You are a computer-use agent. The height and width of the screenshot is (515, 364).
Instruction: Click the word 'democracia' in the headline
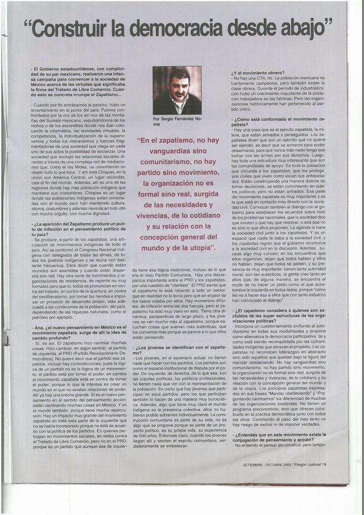pos(177,29)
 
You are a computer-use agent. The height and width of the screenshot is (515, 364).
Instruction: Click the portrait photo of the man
pos(177,91)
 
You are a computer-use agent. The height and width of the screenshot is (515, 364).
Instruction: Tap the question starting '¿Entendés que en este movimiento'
pos(278,436)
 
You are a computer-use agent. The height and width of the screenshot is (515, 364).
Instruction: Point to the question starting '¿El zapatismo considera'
pos(278,313)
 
